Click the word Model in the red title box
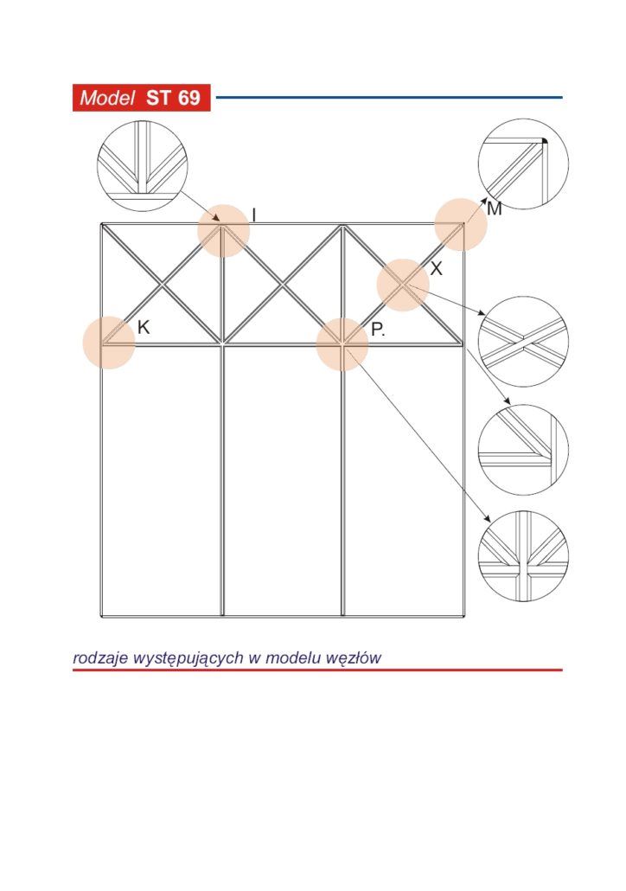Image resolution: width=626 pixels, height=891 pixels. point(107,98)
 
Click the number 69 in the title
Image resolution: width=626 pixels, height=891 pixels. point(188,98)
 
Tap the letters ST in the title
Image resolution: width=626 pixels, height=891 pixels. point(158,98)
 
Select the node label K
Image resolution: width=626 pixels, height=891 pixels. point(144,327)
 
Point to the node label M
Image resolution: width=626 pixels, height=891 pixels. point(495,209)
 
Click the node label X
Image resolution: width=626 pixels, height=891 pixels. point(436,268)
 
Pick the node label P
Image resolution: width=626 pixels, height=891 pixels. point(378,330)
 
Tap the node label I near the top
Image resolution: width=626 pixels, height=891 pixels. point(254,215)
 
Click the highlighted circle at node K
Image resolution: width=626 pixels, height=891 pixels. point(109,343)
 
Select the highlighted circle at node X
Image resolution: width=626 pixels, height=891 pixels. point(403,285)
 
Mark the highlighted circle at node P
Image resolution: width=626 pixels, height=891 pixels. point(342,345)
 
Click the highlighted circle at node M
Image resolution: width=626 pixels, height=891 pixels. point(461,224)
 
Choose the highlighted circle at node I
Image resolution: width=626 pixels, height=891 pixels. point(224,231)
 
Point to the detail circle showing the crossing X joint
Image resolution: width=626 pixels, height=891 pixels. point(523,342)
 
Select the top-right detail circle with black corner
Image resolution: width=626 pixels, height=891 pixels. point(523,164)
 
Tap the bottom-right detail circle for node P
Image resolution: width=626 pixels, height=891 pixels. point(523,556)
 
